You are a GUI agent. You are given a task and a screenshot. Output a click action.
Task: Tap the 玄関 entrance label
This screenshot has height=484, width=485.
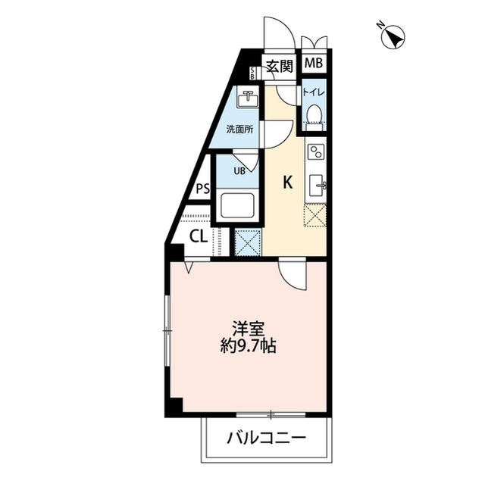pos(280,65)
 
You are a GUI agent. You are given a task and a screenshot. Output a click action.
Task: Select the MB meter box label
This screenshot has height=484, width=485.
pos(314,64)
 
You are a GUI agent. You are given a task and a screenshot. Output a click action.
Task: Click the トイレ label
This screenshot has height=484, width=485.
pos(314,92)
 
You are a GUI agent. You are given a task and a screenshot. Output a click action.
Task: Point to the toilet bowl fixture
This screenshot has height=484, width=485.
pos(314,114)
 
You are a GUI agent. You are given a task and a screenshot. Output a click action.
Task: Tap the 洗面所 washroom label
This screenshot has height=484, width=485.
pos(239,128)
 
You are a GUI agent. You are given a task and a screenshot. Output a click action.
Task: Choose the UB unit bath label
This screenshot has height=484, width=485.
pos(239,170)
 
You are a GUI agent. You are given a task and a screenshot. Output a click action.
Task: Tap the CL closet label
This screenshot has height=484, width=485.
pos(198,236)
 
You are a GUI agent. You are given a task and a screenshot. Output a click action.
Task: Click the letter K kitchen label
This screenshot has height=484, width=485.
pos(288,182)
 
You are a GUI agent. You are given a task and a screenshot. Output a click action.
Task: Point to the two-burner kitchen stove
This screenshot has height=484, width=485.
pos(315,151)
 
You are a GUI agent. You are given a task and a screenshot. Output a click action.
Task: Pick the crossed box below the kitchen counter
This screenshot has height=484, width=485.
pos(315,215)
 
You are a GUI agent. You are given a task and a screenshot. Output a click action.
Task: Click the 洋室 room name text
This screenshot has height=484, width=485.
pos(249,329)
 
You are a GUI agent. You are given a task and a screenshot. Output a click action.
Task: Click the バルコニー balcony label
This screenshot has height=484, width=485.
pos(266,438)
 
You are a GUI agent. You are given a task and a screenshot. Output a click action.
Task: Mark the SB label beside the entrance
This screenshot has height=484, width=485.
pos(253,73)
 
